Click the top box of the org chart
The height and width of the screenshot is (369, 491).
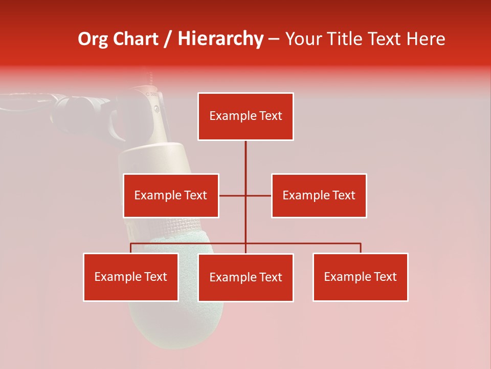pyautogui.click(x=245, y=116)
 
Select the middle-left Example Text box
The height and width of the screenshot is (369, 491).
pyautogui.click(x=171, y=195)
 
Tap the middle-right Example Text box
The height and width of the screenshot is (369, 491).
pyautogui.click(x=319, y=195)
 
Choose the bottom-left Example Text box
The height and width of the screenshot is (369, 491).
pyautogui.click(x=131, y=277)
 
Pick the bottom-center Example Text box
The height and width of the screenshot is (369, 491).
pyautogui.click(x=245, y=277)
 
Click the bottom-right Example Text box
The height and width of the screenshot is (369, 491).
pyautogui.click(x=360, y=277)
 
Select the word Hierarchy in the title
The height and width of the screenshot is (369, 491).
pyautogui.click(x=220, y=39)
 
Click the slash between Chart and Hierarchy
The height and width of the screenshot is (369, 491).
pyautogui.click(x=168, y=39)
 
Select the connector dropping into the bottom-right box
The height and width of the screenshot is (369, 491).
pyautogui.click(x=361, y=248)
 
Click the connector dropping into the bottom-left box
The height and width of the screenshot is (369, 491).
pyautogui.click(x=131, y=248)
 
